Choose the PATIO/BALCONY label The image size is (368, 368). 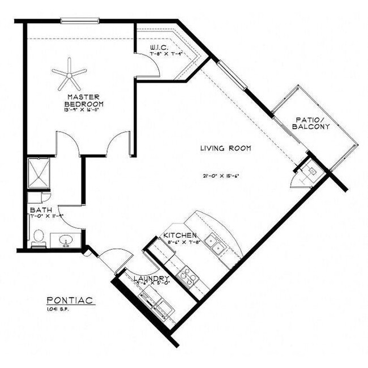click(311, 123)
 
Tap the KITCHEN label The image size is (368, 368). click(179, 235)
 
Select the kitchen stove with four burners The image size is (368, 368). click(186, 276)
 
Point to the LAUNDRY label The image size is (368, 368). click(151, 279)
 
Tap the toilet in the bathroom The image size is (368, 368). click(38, 238)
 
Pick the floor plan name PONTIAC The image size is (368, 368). click(70, 301)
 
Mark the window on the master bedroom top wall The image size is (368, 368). click(80, 22)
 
